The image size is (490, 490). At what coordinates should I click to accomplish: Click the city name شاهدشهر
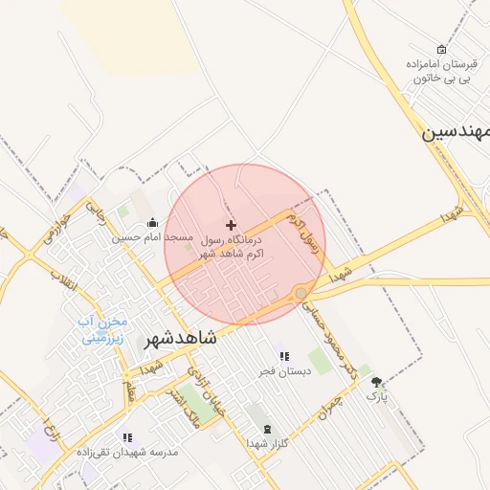click(181, 339)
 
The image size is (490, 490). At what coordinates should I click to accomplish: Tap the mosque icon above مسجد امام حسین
click(152, 222)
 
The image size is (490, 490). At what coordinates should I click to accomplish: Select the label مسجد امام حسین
click(152, 236)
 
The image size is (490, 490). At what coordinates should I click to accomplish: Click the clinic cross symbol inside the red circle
click(231, 223)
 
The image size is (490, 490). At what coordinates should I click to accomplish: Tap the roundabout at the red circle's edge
click(301, 293)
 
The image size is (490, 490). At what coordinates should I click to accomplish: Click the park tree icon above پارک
click(377, 380)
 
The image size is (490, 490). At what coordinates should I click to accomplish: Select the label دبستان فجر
click(284, 369)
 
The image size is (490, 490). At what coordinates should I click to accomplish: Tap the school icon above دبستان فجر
click(284, 355)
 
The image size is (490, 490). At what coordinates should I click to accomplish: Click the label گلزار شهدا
click(267, 444)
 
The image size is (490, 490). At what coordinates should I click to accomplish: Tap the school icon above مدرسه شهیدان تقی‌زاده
click(127, 437)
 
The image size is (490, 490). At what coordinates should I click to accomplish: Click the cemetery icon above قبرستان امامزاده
click(441, 49)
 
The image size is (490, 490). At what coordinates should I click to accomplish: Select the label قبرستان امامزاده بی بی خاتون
click(441, 70)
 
